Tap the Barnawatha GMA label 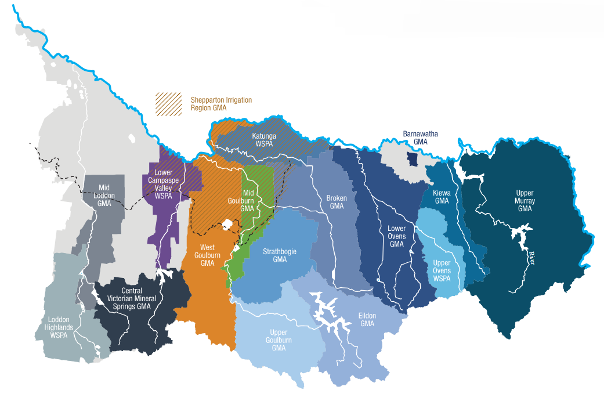pos(420,138)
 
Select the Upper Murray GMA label pos(525,200)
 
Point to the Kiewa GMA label pos(442,197)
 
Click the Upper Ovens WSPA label pos(442,270)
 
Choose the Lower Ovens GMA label pos(396,236)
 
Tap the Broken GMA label pos(337,202)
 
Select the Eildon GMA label pos(367,319)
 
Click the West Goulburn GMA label pos(207,255)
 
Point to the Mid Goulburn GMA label pos(248,200)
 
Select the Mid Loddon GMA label pos(104,196)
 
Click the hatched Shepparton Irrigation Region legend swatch pos(168,104)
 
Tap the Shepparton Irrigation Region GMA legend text pos(221,104)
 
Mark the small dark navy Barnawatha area pos(412,158)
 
